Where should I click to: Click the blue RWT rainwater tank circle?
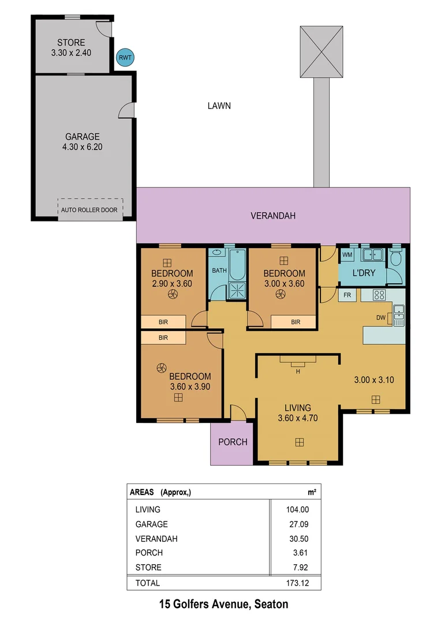pyautogui.click(x=124, y=57)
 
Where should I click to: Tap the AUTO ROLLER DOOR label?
pyautogui.click(x=89, y=210)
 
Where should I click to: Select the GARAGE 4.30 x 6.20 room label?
pyautogui.click(x=82, y=142)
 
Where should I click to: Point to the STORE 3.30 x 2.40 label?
pyautogui.click(x=71, y=47)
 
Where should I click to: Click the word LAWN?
pyautogui.click(x=219, y=106)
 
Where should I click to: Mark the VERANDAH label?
pyautogui.click(x=273, y=216)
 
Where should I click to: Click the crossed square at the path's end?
pyautogui.click(x=321, y=51)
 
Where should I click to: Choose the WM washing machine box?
pyautogui.click(x=347, y=254)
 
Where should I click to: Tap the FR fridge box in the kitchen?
pyautogui.click(x=347, y=295)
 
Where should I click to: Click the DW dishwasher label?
pyautogui.click(x=380, y=317)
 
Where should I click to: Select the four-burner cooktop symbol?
pyautogui.click(x=380, y=295)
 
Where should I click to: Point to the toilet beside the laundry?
pyautogui.click(x=395, y=259)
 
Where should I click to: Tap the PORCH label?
pyautogui.click(x=232, y=442)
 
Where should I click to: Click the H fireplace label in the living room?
pyautogui.click(x=298, y=371)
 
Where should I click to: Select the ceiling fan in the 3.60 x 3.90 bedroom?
pyautogui.click(x=161, y=367)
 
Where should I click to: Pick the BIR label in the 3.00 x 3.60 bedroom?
pyautogui.click(x=296, y=322)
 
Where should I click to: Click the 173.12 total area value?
pyautogui.click(x=297, y=583)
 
